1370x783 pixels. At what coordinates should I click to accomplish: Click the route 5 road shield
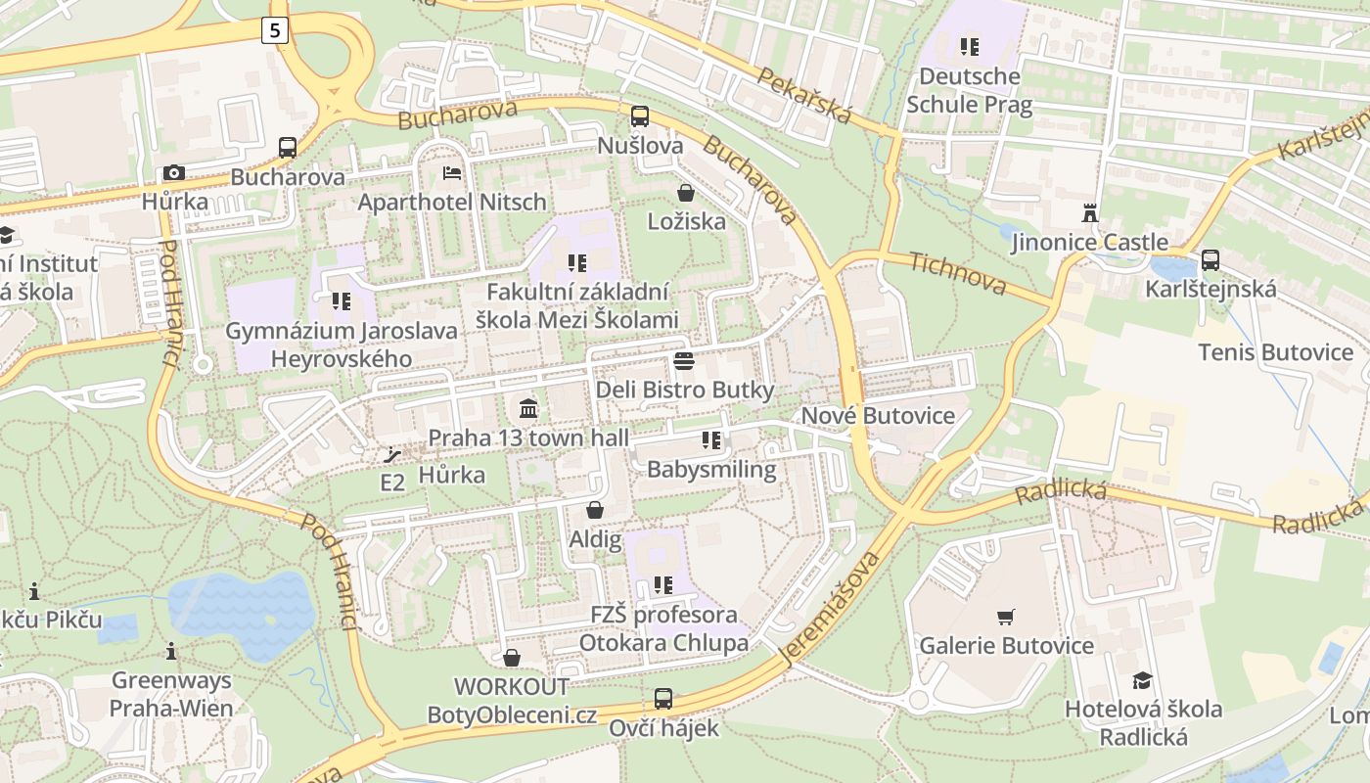click(x=275, y=30)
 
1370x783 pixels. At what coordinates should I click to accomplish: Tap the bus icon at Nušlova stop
click(x=640, y=116)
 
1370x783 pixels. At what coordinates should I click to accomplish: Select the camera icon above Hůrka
click(x=174, y=173)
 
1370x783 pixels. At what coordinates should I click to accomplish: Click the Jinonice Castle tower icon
click(x=1089, y=212)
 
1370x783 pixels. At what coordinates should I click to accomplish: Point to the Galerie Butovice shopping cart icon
click(x=1006, y=617)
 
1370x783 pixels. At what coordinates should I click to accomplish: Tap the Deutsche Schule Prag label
click(x=970, y=90)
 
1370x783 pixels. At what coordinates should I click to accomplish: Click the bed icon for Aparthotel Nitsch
click(x=452, y=173)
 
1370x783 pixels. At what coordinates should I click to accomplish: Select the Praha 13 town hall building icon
click(x=528, y=408)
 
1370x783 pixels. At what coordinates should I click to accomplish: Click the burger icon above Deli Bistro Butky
click(x=684, y=360)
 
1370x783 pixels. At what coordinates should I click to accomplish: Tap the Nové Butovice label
click(x=878, y=416)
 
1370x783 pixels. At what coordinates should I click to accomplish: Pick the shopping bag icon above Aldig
click(x=594, y=510)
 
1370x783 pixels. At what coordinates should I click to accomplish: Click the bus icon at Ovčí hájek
click(x=663, y=699)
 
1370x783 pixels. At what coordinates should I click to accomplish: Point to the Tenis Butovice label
click(x=1275, y=352)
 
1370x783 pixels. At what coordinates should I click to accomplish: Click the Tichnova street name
click(x=957, y=273)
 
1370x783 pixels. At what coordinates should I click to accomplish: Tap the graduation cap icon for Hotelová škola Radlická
click(x=1142, y=680)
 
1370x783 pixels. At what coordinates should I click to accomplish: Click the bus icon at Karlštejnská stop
click(x=1210, y=260)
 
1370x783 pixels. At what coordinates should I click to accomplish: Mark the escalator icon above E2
click(x=392, y=454)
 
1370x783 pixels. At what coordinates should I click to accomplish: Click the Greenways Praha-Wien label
click(x=171, y=694)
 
